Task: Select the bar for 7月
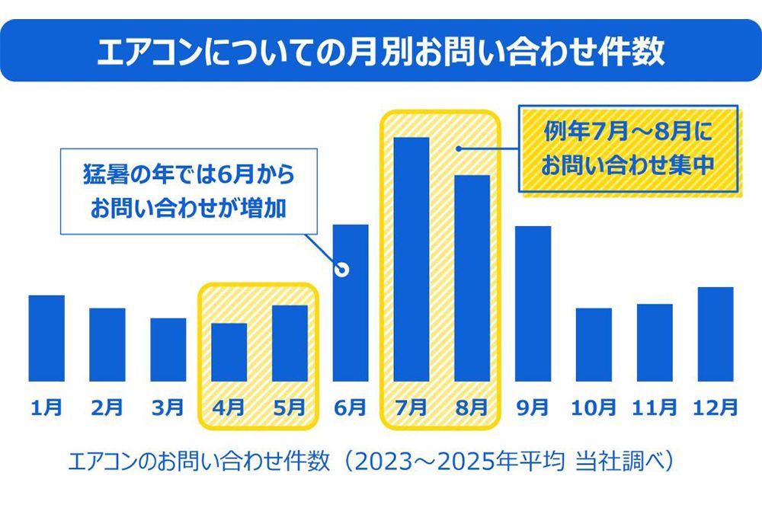coord(411,259)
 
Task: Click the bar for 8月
coord(472,278)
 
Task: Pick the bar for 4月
coord(229,352)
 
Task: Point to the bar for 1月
coord(46,337)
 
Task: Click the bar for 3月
coord(168,350)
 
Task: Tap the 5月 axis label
coord(290,407)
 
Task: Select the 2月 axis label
coord(107,407)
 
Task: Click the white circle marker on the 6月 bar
coord(342,270)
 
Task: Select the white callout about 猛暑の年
coord(188,191)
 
